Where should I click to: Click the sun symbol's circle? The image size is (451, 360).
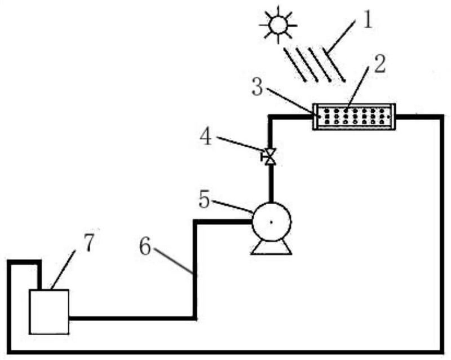pyautogui.click(x=278, y=25)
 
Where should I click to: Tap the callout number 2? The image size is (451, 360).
pyautogui.click(x=379, y=64)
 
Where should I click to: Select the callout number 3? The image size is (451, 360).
pyautogui.click(x=257, y=87)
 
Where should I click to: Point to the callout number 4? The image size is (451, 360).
pyautogui.click(x=206, y=137)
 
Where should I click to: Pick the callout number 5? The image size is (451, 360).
pyautogui.click(x=205, y=199)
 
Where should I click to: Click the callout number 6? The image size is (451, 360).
pyautogui.click(x=145, y=247)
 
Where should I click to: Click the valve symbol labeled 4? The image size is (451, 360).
pyautogui.click(x=270, y=157)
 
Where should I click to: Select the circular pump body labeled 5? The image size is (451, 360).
pyautogui.click(x=272, y=222)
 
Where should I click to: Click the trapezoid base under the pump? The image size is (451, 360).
pyautogui.click(x=271, y=248)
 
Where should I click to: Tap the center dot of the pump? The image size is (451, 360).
pyautogui.click(x=271, y=222)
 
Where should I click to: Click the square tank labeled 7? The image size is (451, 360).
pyautogui.click(x=49, y=311)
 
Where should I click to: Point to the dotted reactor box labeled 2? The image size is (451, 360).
pyautogui.click(x=354, y=117)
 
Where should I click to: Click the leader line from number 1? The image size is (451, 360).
pyautogui.click(x=341, y=38)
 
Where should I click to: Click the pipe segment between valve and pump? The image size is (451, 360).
pyautogui.click(x=271, y=183)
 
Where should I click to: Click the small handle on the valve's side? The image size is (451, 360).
pyautogui.click(x=262, y=157)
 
